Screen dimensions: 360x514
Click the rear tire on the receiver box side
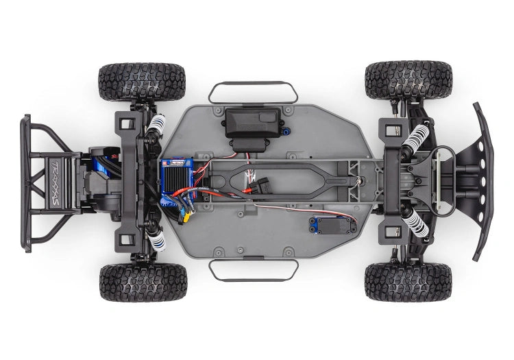pos(142,81)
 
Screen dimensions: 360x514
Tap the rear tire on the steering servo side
pos(142,282)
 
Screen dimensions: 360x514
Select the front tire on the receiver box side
pos(408,80)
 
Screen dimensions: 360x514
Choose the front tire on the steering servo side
pos(408,280)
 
